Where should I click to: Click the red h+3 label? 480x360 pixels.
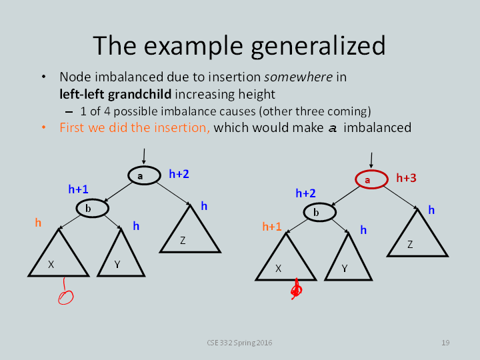(x=406, y=178)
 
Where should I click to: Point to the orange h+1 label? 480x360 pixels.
(x=272, y=227)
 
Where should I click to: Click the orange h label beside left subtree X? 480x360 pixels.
(x=38, y=223)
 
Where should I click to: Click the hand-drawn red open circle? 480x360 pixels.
(x=66, y=297)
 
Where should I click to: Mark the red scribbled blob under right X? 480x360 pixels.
(x=296, y=289)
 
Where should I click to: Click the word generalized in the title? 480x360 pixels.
(x=318, y=45)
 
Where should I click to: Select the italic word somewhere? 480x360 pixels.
(x=299, y=77)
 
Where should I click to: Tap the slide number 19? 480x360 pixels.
(x=445, y=343)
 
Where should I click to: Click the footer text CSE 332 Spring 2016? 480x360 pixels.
(x=239, y=343)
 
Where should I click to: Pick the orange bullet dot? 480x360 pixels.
(x=44, y=127)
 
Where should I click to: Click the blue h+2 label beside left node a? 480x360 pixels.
(x=179, y=174)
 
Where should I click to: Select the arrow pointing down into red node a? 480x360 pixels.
(x=371, y=161)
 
